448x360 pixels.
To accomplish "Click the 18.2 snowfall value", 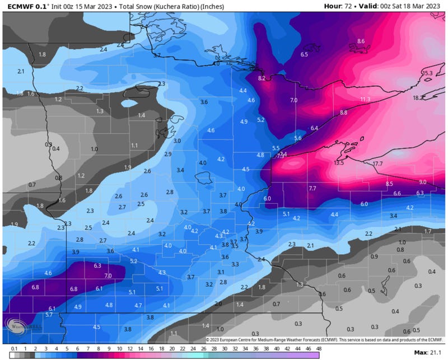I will (x=418, y=98).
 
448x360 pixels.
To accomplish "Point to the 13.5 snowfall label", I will (x=339, y=163).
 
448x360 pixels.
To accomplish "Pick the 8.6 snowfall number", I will (x=361, y=41).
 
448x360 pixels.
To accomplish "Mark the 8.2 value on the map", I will (x=262, y=79).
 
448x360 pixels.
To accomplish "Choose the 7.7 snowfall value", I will (x=312, y=189).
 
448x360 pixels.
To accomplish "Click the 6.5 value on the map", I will (x=304, y=54).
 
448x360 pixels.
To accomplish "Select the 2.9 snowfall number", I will (x=168, y=154).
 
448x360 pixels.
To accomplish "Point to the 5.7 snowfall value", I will (x=49, y=315).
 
